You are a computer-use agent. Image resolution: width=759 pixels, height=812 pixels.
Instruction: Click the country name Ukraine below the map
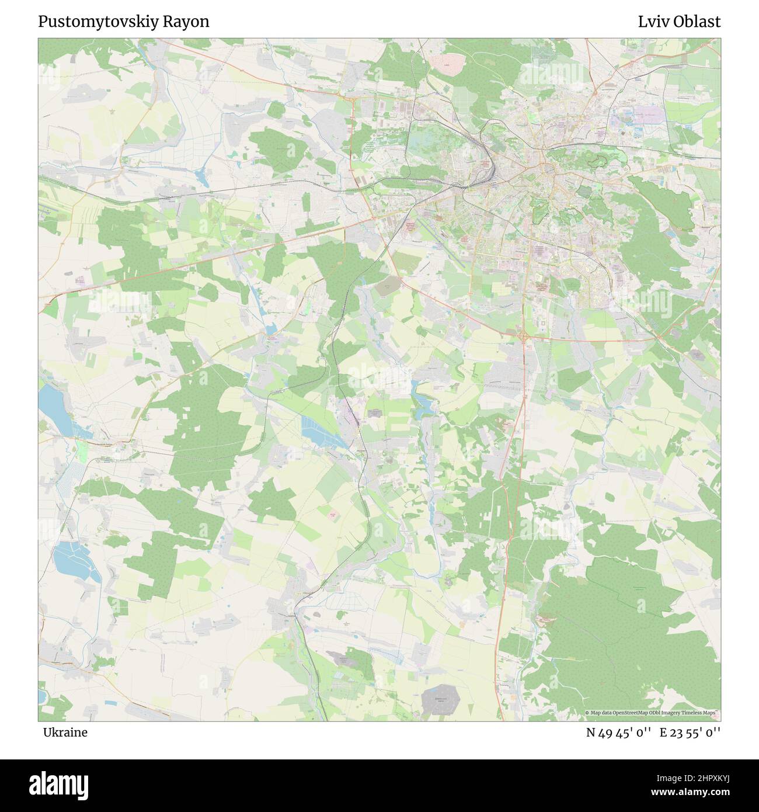[x=65, y=733]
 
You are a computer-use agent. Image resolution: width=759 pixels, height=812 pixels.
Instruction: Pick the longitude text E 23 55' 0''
[x=690, y=733]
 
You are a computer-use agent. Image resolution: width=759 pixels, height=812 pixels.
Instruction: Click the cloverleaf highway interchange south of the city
[x=523, y=336]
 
